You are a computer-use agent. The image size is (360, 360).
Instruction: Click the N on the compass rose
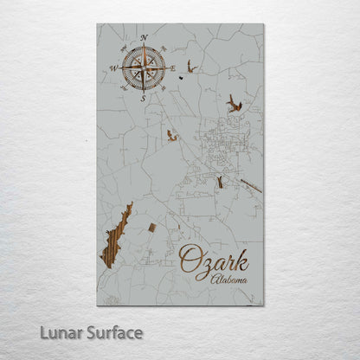click(x=144, y=36)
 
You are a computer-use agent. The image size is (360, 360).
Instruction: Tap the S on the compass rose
click(x=144, y=97)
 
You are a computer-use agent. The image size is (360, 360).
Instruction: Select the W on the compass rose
click(x=112, y=67)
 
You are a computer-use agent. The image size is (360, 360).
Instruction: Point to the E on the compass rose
click(x=174, y=67)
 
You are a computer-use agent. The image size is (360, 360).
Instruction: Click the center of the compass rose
click(x=143, y=67)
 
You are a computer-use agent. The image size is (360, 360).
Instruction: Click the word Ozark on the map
click(x=214, y=261)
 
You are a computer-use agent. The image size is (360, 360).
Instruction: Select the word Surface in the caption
click(x=114, y=332)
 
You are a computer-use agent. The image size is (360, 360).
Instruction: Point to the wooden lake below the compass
click(x=172, y=135)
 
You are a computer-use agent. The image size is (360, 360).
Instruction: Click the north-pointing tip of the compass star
click(x=143, y=45)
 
